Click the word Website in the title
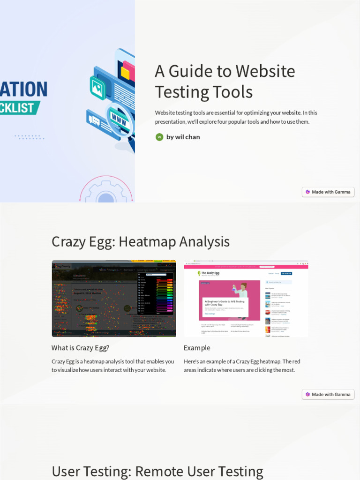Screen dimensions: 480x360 265,71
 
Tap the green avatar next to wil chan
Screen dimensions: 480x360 159,137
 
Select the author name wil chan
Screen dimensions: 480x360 183,137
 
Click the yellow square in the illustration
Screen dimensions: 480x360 125,73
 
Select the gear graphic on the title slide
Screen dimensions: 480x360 106,192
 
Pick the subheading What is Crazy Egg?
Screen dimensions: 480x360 80,348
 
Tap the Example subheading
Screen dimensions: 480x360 197,348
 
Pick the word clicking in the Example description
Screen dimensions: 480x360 264,370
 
